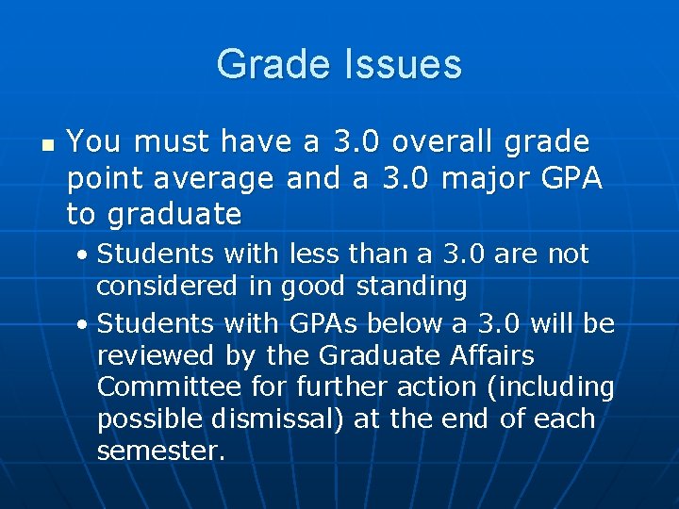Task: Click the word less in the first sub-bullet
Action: [x=312, y=254]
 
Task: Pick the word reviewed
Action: [x=157, y=356]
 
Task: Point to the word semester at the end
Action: [x=160, y=452]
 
